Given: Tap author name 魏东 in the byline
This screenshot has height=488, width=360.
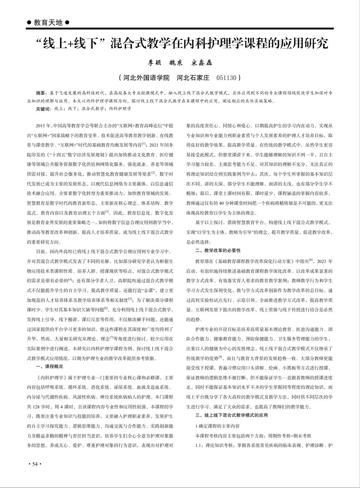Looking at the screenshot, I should pos(177,63).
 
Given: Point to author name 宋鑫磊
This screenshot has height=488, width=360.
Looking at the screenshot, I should pos(202,63).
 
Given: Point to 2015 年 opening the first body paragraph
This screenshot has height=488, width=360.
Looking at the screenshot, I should pos(43,125).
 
